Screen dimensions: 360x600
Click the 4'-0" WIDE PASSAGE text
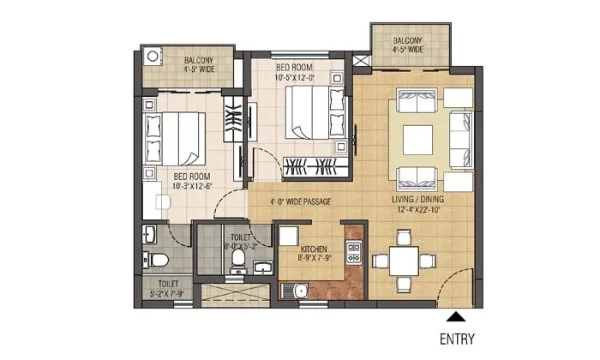coord(295,202)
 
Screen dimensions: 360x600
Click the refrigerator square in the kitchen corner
coord(288,237)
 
